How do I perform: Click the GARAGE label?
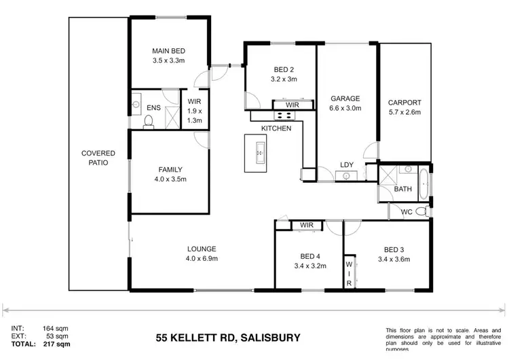pyautogui.click(x=345, y=98)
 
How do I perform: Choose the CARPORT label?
pyautogui.click(x=404, y=103)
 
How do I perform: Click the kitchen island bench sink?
pyautogui.click(x=259, y=154)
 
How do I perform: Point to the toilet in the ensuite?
pyautogui.click(x=147, y=121)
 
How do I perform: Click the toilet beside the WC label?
pyautogui.click(x=421, y=211)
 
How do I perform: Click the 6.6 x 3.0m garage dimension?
pyautogui.click(x=345, y=107)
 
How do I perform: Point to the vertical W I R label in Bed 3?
pyautogui.click(x=349, y=272)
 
